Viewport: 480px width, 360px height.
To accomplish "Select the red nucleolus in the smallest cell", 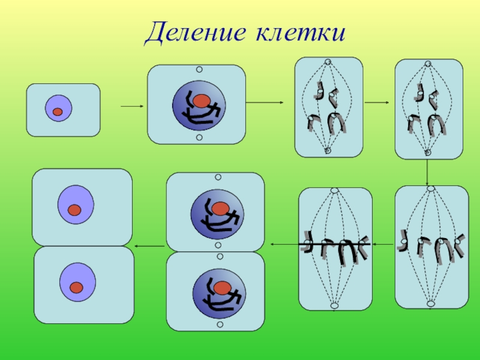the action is [58, 112].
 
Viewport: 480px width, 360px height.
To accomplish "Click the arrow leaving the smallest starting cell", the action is [131, 107].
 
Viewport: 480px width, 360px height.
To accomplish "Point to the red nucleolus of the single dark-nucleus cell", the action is [201, 100].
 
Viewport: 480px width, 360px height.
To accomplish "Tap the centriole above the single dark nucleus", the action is [199, 70].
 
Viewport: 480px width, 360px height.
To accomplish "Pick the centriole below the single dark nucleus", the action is [199, 138].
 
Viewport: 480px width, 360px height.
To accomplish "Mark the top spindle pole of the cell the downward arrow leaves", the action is [428, 63].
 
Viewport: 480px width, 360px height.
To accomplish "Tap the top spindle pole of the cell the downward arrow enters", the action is [431, 188].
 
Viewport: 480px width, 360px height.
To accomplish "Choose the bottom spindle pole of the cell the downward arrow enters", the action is [431, 304].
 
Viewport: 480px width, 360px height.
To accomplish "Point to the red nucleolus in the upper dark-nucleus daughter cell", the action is [220, 208].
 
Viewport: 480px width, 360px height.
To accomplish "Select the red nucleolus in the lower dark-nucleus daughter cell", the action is [223, 286].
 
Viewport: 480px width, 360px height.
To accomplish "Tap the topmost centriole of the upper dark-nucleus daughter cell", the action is [218, 178].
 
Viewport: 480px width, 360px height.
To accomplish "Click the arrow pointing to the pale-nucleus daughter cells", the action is [149, 245].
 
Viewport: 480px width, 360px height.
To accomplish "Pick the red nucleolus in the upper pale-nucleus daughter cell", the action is [74, 210].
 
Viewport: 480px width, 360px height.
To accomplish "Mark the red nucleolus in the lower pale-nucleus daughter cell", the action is [76, 287].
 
